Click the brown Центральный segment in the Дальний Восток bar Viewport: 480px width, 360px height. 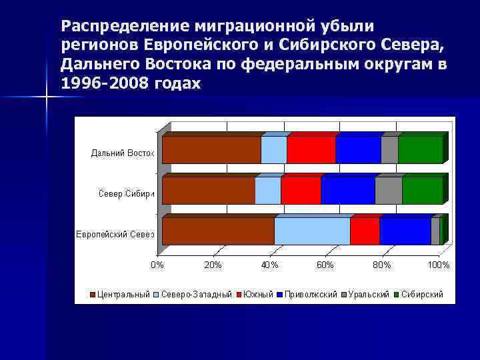211,150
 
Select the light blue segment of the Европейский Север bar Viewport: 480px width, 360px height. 312,231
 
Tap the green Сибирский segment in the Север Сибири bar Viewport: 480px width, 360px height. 422,191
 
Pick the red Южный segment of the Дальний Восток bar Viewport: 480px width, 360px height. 311,150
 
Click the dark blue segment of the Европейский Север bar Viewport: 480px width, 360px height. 405,231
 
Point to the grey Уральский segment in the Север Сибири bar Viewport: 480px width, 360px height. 389,191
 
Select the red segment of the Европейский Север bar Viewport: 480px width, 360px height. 365,231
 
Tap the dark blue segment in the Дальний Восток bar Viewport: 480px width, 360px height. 358,150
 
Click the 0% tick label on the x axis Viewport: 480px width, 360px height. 157,265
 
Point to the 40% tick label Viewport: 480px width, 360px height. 269,265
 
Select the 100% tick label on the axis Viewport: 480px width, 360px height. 438,265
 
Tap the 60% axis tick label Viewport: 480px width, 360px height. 325,265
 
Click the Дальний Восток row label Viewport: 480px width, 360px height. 123,153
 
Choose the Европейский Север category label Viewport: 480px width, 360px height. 114,235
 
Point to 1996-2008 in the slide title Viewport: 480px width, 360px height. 96,84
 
